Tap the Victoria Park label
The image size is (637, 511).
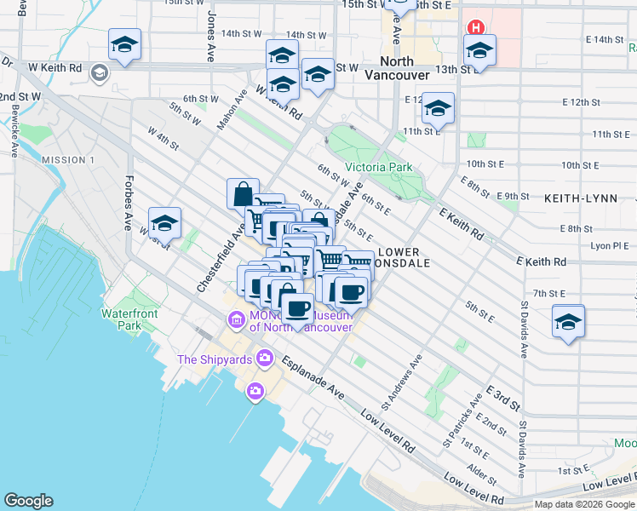(x=379, y=167)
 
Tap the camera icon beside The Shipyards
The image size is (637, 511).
(x=265, y=358)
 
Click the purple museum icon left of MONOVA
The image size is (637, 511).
(x=235, y=320)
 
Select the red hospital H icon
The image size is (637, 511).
(x=475, y=27)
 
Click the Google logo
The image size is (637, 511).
(x=28, y=501)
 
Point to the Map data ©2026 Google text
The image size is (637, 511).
(x=584, y=504)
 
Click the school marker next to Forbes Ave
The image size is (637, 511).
(x=164, y=224)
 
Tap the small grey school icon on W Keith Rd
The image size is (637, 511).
(x=100, y=72)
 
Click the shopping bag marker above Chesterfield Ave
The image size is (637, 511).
(x=244, y=193)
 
